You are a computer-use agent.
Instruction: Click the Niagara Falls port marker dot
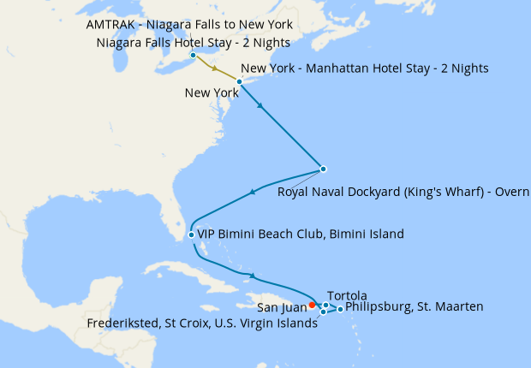[x=194, y=56]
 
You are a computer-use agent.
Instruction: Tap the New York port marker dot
[x=240, y=81]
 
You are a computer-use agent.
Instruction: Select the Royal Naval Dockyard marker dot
[x=324, y=169]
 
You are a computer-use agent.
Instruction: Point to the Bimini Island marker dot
[x=190, y=234]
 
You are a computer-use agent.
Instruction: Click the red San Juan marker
[x=313, y=304]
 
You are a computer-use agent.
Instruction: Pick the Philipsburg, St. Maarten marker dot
[x=341, y=309]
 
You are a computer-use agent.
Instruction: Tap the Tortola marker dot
[x=326, y=306]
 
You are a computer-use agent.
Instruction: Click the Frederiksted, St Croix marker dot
[x=323, y=312]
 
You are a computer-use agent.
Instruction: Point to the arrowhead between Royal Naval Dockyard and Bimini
[x=253, y=192]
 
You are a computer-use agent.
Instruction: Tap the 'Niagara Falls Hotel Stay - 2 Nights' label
[x=194, y=42]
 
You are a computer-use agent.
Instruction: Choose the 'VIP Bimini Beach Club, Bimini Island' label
[x=301, y=234]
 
